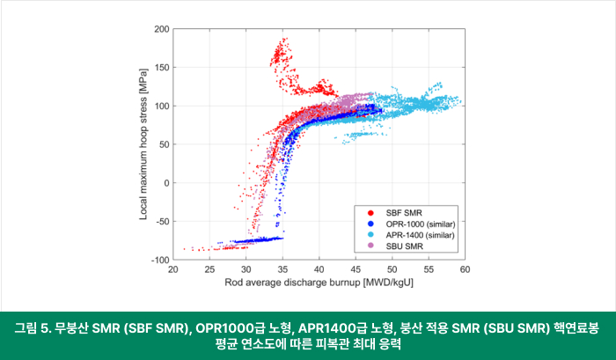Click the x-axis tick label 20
[x=173, y=270]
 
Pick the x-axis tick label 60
[x=465, y=270]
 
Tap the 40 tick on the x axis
[x=319, y=270]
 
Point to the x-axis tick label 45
[x=356, y=270]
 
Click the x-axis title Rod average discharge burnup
[x=319, y=283]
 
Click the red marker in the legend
[x=370, y=212]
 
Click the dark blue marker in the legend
[x=370, y=224]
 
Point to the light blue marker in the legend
[x=370, y=234]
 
